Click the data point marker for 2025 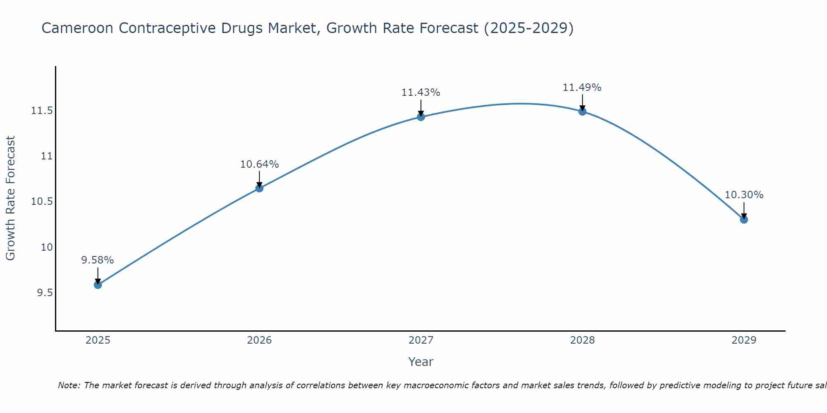pyautogui.click(x=98, y=285)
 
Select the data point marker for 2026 pyautogui.click(x=259, y=188)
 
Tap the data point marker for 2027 pyautogui.click(x=421, y=117)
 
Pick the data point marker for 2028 pyautogui.click(x=582, y=111)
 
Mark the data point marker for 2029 pyautogui.click(x=744, y=219)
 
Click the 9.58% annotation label pyautogui.click(x=97, y=260)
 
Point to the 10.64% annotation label pyautogui.click(x=259, y=164)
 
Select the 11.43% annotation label pyautogui.click(x=421, y=93)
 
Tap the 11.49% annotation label pyautogui.click(x=582, y=88)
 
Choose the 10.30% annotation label pyautogui.click(x=744, y=195)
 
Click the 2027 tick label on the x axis pyautogui.click(x=421, y=340)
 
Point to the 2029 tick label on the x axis pyautogui.click(x=744, y=340)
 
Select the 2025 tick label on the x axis pyautogui.click(x=98, y=340)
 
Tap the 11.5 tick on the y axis pyautogui.click(x=42, y=111)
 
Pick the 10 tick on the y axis pyautogui.click(x=47, y=247)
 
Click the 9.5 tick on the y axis pyautogui.click(x=45, y=293)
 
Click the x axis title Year pyautogui.click(x=421, y=362)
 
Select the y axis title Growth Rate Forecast pyautogui.click(x=11, y=198)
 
